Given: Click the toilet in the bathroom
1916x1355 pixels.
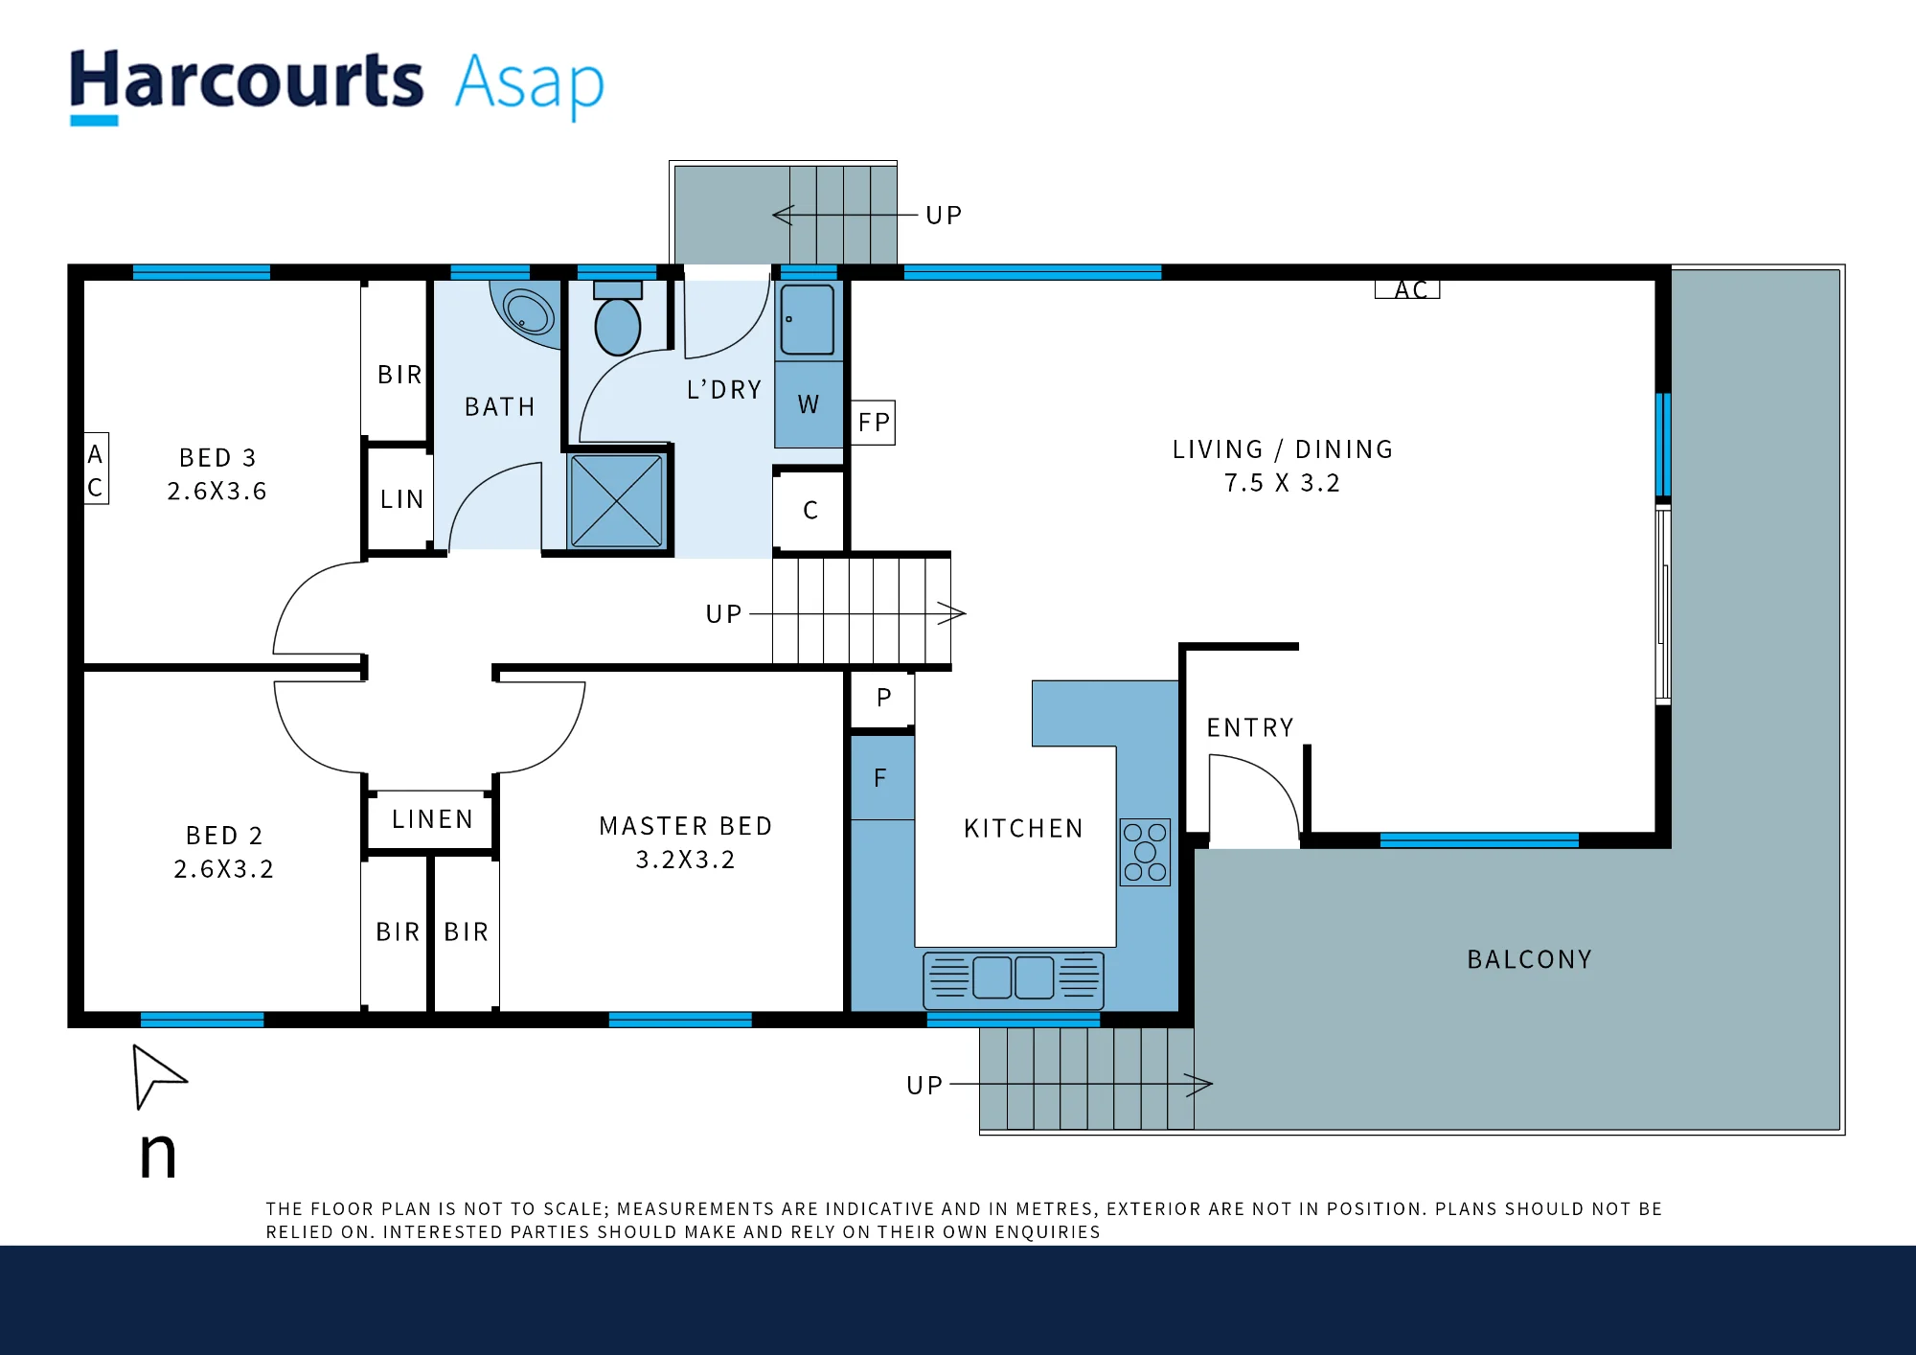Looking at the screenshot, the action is pyautogui.click(x=618, y=318).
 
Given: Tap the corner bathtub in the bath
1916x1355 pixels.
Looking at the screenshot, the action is pyautogui.click(x=525, y=312).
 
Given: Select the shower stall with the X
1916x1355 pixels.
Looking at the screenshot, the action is pyautogui.click(x=617, y=501).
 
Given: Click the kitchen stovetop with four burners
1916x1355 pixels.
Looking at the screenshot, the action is pyautogui.click(x=1145, y=852).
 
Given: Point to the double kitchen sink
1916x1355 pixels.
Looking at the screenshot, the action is pyautogui.click(x=1014, y=979).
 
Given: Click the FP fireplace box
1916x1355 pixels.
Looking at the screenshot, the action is pyautogui.click(x=874, y=423).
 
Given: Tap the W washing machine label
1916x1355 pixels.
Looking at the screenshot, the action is pyautogui.click(x=809, y=405).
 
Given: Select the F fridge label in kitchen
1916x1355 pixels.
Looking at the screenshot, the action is pyautogui.click(x=880, y=778).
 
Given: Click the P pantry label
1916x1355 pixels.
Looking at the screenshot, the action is pyautogui.click(x=884, y=698).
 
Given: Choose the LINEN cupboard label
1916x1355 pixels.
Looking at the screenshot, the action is pyautogui.click(x=432, y=819).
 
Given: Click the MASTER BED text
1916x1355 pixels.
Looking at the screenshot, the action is pyautogui.click(x=686, y=826).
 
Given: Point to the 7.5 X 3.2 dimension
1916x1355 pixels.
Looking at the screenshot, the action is pyautogui.click(x=1282, y=483).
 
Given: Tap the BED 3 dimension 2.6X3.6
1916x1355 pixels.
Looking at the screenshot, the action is pyautogui.click(x=217, y=492).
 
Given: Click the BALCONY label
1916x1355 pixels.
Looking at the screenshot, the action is pyautogui.click(x=1530, y=959).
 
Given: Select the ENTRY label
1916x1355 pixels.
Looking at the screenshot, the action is pyautogui.click(x=1250, y=728).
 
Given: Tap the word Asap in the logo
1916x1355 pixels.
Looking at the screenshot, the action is pyautogui.click(x=530, y=84).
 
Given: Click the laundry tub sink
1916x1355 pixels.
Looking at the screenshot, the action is pyautogui.click(x=808, y=320).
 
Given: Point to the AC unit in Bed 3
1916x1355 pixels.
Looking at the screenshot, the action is pyautogui.click(x=96, y=469).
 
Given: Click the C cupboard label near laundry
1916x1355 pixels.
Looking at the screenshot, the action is pyautogui.click(x=810, y=511).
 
